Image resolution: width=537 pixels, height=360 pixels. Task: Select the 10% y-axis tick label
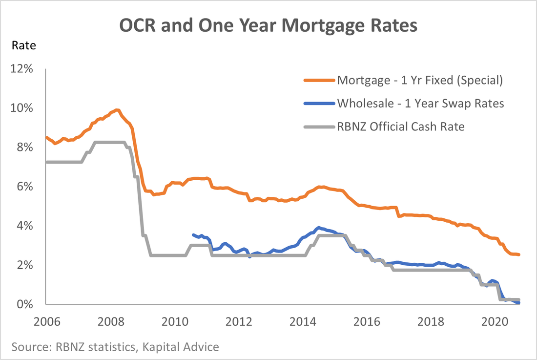click(x=22, y=108)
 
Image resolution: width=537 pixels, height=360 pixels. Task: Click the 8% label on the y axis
click(x=24, y=148)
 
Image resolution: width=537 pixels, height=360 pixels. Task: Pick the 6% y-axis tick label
click(x=24, y=187)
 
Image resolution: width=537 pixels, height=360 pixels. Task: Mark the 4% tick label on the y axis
click(x=24, y=226)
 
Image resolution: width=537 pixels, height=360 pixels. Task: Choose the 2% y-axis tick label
click(x=24, y=265)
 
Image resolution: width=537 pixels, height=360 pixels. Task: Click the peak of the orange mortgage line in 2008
click(x=117, y=110)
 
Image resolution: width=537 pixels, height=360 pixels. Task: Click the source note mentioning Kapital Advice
click(x=116, y=347)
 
